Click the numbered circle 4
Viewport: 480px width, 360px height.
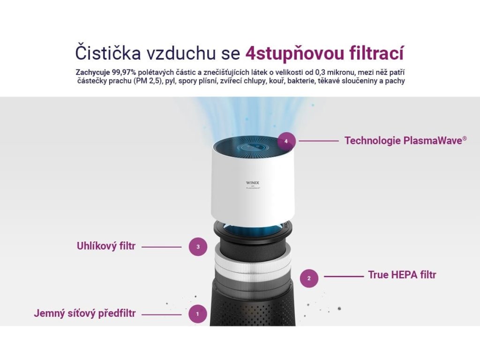286,142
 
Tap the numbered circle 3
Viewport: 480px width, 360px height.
198,247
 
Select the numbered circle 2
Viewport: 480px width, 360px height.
309,278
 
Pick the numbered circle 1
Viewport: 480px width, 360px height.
198,314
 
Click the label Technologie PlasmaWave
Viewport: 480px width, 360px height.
405,141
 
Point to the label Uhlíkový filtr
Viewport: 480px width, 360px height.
106,246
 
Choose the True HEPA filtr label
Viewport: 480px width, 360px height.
402,275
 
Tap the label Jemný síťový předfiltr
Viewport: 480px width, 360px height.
85,314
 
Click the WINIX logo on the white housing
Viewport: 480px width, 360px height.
253,183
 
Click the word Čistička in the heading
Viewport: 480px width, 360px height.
108,53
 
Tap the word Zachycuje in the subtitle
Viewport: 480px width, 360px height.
93,73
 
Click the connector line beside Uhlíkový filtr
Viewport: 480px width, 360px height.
161,247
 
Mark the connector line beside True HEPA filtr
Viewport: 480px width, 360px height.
344,277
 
